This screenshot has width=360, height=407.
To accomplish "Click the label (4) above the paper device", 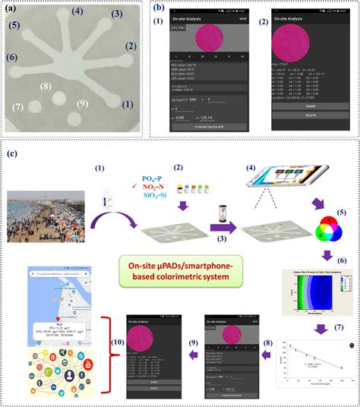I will tap(77, 12).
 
